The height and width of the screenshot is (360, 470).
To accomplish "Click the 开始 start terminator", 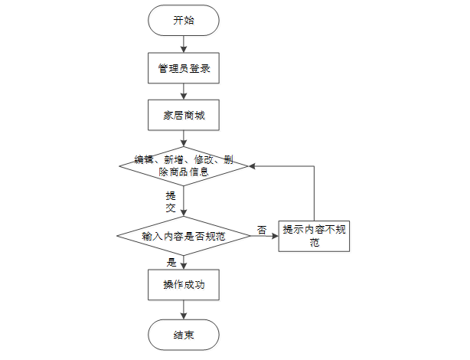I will tap(184, 21).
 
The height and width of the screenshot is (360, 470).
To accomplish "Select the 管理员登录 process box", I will tap(184, 69).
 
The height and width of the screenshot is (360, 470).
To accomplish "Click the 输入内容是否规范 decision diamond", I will tap(184, 237).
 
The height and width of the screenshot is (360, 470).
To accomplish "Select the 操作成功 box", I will tap(184, 285).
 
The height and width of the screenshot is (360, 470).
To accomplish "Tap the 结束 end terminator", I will tap(184, 335).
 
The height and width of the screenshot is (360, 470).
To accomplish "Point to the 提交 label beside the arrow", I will tap(171, 201).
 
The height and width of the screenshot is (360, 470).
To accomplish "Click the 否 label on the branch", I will tap(262, 229).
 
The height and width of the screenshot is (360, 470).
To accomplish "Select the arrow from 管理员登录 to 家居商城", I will tap(184, 93).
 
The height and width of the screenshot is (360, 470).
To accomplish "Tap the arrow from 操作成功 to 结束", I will tap(184, 309).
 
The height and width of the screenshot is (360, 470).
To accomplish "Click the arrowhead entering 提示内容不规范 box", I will tap(275, 237).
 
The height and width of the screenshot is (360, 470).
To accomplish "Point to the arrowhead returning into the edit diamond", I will tap(253, 165).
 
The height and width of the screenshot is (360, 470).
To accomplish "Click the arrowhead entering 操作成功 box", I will tap(184, 265).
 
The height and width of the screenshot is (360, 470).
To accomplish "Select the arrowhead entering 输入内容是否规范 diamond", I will tap(184, 214).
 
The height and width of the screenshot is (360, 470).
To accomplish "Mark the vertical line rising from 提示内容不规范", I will tap(314, 191).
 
